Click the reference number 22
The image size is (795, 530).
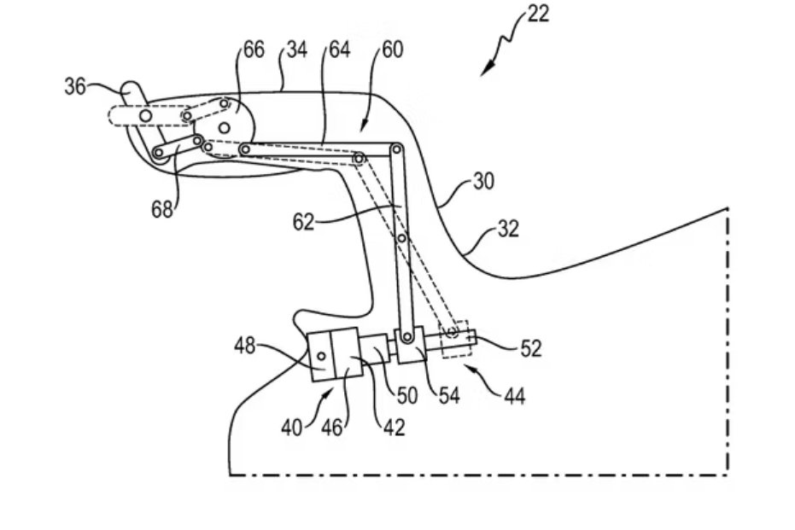click(x=539, y=14)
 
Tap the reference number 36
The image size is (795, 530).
click(x=75, y=86)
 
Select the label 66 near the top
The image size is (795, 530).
click(x=254, y=50)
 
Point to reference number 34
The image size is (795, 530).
click(x=296, y=50)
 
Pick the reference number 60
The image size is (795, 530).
click(x=393, y=50)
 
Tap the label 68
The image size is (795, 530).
click(x=163, y=208)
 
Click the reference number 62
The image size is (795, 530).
click(x=302, y=222)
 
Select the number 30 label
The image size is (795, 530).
click(x=483, y=182)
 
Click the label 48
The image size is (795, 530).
click(x=246, y=346)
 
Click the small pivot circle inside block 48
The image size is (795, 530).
click(x=323, y=355)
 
